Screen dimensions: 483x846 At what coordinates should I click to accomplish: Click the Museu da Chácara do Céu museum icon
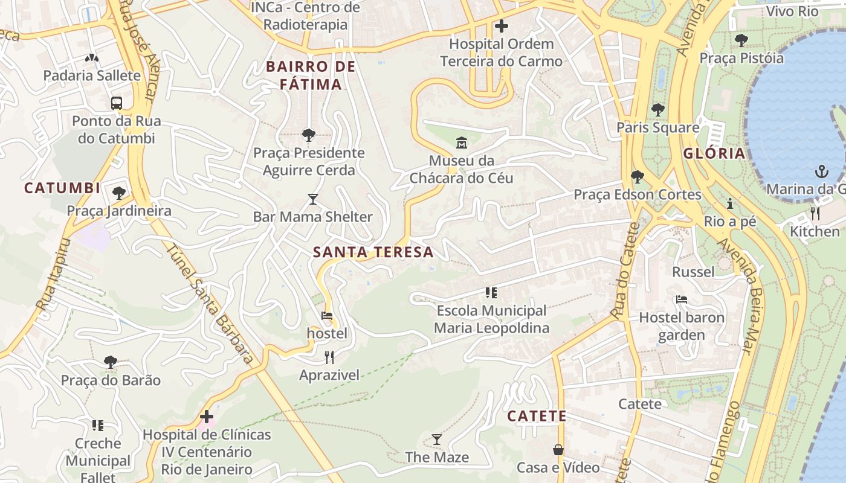462,143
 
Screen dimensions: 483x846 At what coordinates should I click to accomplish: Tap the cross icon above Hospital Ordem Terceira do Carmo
501,26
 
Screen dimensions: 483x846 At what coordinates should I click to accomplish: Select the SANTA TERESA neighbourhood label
373,252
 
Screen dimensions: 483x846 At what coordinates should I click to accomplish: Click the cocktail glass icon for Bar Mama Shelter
312,199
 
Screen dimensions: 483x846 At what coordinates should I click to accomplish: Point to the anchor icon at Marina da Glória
821,171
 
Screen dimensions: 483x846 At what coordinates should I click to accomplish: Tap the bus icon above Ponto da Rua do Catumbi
117,103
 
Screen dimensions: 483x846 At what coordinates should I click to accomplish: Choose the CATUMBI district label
62,188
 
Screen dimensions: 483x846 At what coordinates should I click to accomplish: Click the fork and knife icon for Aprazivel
329,357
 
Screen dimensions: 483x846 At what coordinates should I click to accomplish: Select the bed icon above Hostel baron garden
681,299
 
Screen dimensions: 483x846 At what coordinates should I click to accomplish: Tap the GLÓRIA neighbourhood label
714,153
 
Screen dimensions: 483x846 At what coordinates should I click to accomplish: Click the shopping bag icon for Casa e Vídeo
558,450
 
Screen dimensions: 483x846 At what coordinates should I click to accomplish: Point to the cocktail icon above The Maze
437,439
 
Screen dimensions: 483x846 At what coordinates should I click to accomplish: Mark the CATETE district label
537,416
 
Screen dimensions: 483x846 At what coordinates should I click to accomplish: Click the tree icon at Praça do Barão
110,362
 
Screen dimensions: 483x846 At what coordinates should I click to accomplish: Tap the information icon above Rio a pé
729,203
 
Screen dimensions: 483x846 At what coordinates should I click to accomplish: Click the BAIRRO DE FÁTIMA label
311,75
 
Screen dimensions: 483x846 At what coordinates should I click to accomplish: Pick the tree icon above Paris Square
657,110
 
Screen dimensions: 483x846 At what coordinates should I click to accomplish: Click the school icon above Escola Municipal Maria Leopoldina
491,293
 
